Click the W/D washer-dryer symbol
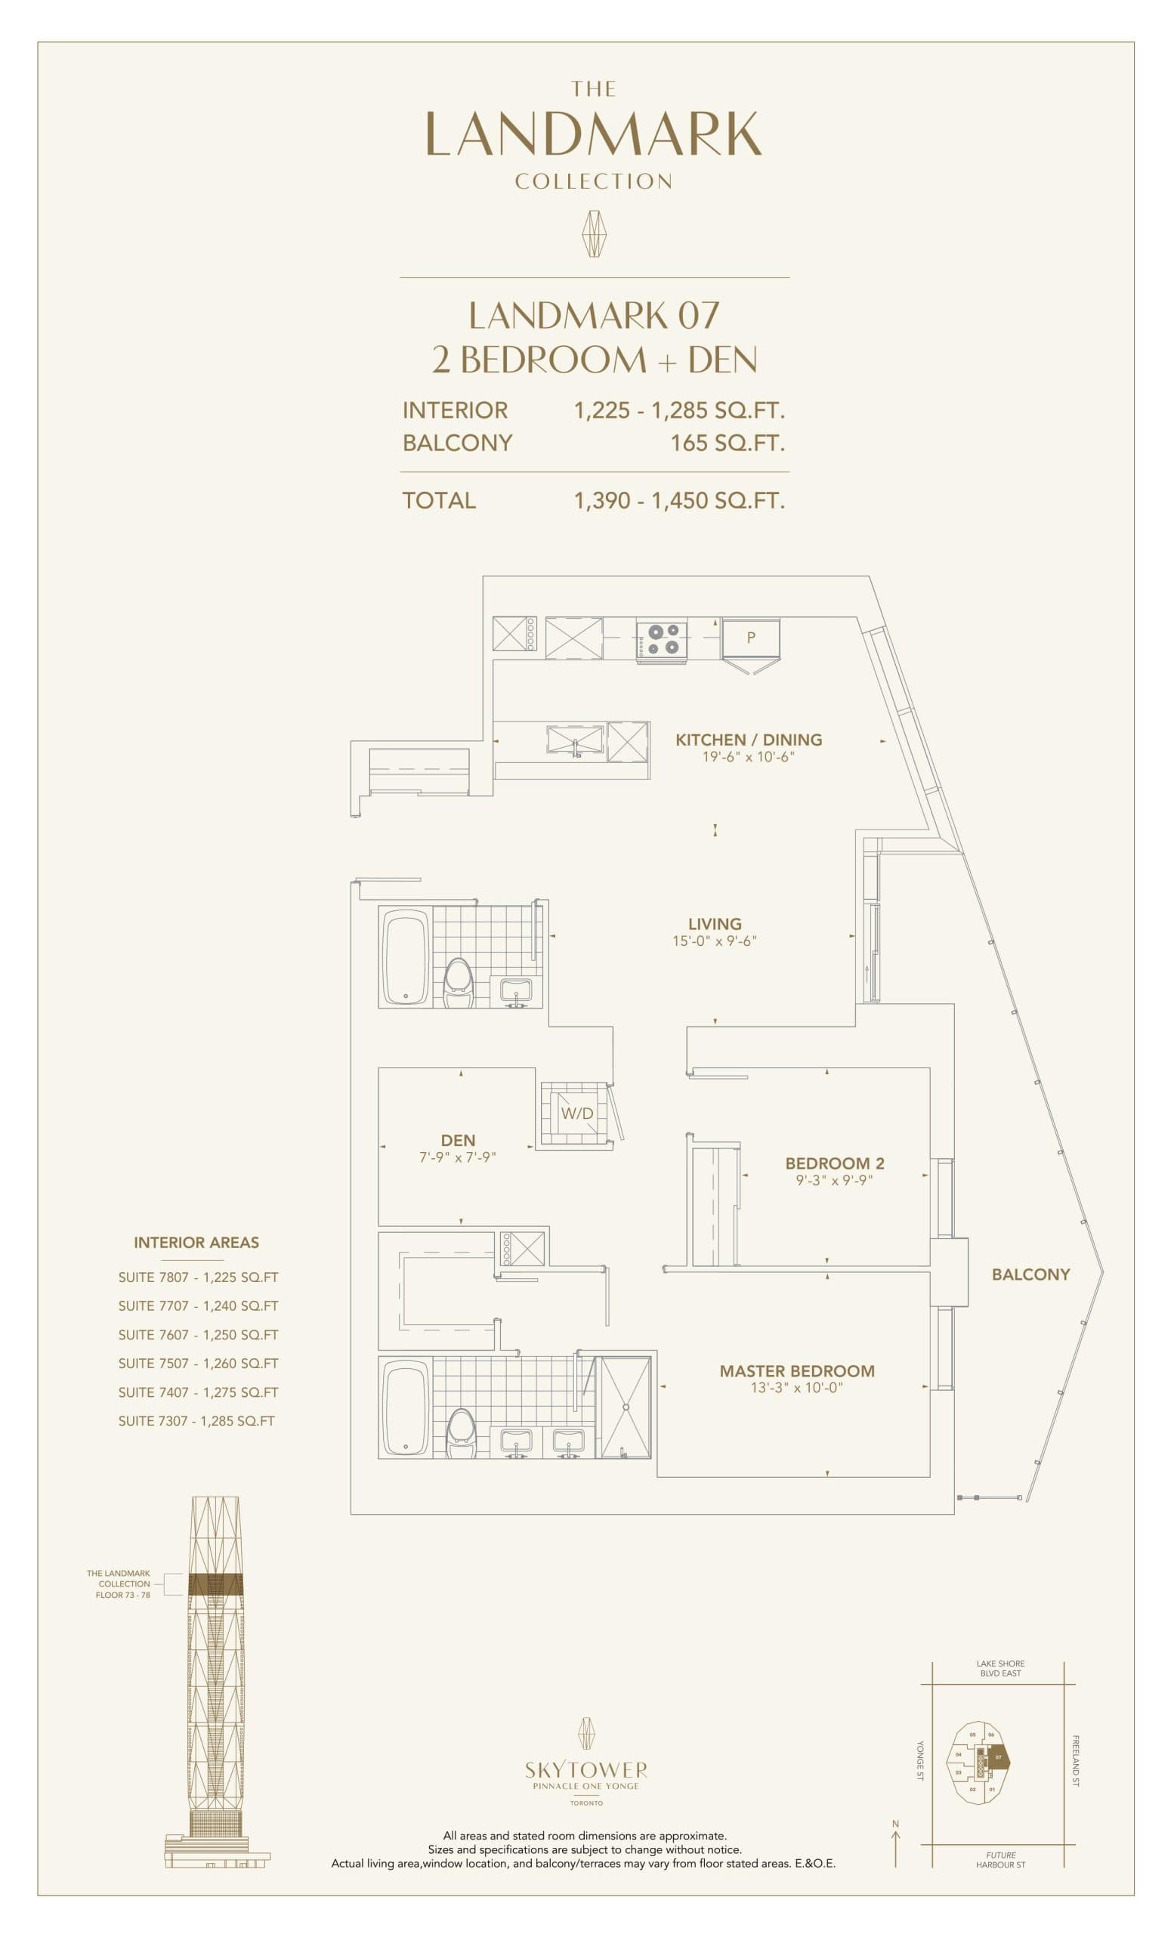576,1113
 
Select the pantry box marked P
751,638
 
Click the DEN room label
458,1140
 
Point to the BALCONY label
1030,1274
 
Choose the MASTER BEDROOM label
796,1370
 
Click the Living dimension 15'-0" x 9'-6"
714,941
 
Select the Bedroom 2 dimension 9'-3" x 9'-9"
834,1180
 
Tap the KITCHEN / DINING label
749,739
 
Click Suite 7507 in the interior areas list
198,1364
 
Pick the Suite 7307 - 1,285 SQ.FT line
196,1421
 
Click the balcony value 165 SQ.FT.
727,443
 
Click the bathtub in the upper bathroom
405,956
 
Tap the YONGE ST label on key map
920,1760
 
